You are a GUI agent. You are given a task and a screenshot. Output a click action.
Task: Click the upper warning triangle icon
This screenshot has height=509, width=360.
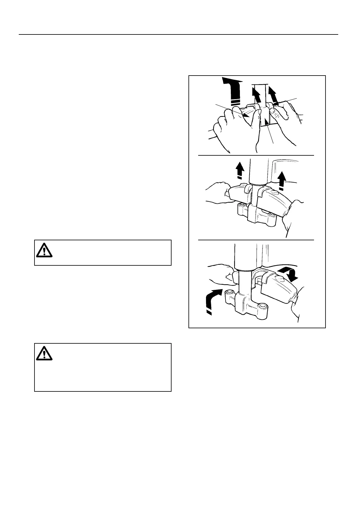click(44, 250)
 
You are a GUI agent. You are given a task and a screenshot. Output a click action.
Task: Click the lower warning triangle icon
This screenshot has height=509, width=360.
click(44, 353)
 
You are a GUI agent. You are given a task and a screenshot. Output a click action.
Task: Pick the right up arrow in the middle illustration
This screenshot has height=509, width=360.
click(282, 179)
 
